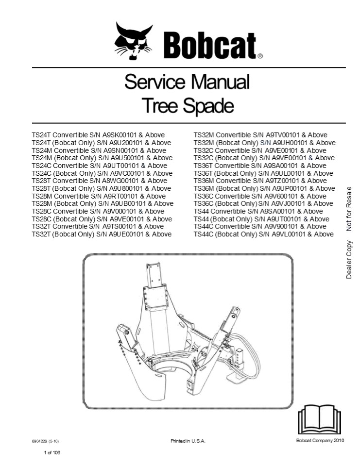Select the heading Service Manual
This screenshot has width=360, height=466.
[187, 82]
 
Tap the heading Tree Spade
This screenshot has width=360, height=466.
[187, 105]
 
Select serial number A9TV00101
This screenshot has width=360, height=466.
[278, 135]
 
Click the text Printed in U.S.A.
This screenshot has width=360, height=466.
[188, 441]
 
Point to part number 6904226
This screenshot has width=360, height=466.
[39, 441]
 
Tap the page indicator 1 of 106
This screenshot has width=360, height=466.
[52, 453]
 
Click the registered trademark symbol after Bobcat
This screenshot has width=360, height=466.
[260, 56]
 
